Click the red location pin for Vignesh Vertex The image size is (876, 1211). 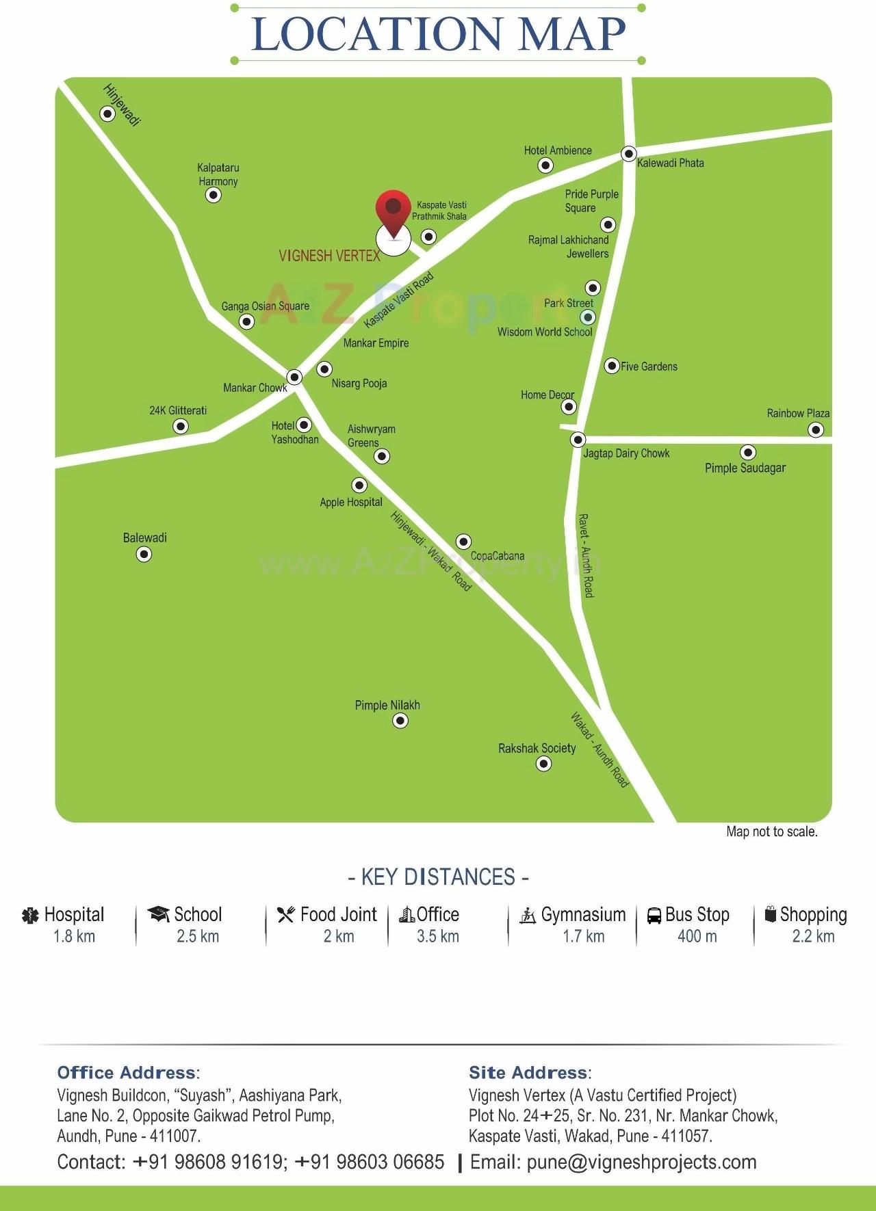(393, 211)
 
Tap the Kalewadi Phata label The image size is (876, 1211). (670, 163)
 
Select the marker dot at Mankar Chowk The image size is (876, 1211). (294, 377)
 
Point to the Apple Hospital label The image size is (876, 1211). (351, 503)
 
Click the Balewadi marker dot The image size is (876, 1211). (144, 555)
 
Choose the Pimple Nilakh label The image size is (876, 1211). (387, 706)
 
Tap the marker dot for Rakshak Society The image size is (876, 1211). (543, 764)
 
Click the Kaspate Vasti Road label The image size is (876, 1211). (398, 300)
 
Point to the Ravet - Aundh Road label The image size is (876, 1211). (587, 555)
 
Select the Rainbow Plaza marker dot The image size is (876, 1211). (816, 430)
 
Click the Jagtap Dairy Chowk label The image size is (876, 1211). (626, 453)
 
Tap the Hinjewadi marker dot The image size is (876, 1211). (107, 114)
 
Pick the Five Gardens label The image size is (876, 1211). (649, 367)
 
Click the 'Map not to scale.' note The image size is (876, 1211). (772, 832)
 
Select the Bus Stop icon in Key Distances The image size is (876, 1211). (654, 915)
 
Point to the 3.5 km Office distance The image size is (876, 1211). (438, 937)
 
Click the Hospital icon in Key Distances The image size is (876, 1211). (31, 916)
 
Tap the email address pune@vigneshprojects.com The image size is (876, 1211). (641, 1162)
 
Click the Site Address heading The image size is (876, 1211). (528, 1073)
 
